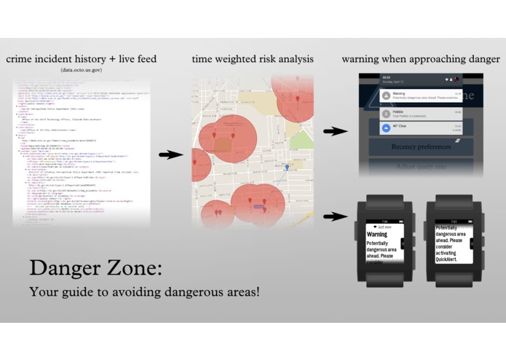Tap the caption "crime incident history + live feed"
point(81,58)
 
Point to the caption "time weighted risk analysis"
point(253,58)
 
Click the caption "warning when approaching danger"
point(423,58)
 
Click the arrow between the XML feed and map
point(170,154)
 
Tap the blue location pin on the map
point(287,168)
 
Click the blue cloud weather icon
point(386,128)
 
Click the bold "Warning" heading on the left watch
point(378,235)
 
